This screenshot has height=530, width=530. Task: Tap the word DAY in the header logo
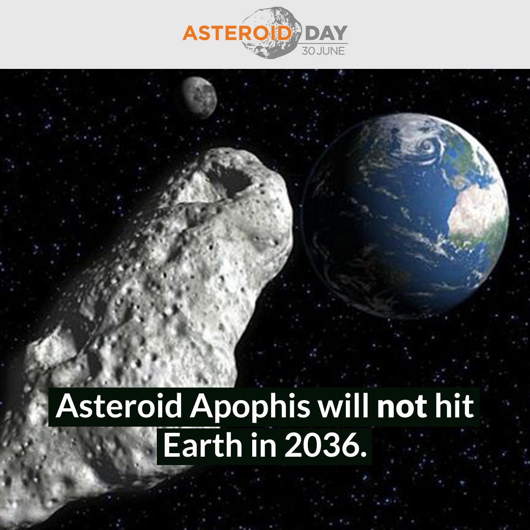(x=326, y=34)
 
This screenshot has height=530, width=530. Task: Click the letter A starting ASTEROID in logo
(x=191, y=33)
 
